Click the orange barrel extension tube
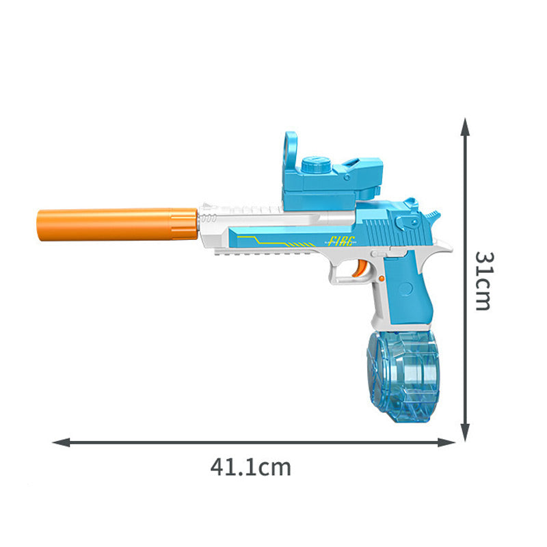click(x=117, y=224)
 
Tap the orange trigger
click(x=360, y=268)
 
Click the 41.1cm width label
click(x=250, y=468)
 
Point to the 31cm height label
click(x=485, y=281)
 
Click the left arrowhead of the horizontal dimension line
click(x=61, y=442)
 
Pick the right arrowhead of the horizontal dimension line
click(x=446, y=442)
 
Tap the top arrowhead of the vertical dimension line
click(x=465, y=126)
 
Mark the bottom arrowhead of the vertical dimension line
click(x=465, y=433)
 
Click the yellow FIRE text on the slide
click(x=342, y=241)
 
